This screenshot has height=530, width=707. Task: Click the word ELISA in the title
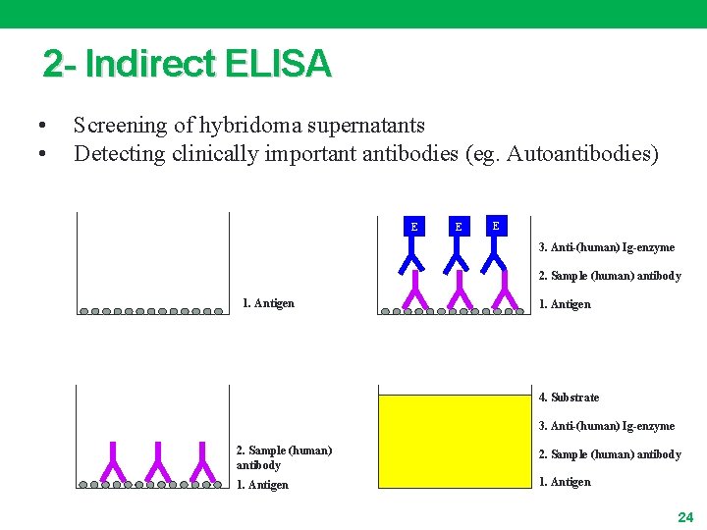pos(278,65)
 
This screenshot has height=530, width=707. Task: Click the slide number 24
pos(685,516)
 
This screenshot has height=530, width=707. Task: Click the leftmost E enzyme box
pos(413,227)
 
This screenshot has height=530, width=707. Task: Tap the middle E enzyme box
pos(457,227)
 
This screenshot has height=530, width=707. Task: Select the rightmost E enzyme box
pos(496,226)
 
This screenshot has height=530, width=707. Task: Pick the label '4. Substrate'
pos(569,397)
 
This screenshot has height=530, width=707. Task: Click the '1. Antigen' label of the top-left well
pos(268,303)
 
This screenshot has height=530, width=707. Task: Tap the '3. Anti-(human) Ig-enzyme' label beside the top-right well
pos(607,247)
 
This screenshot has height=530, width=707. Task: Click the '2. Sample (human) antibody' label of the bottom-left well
pos(284,457)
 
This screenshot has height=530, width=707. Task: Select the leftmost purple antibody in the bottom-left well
pos(113,461)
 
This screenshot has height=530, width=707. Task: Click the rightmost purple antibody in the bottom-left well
pos(202,461)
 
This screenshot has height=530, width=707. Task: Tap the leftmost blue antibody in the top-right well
pos(412,257)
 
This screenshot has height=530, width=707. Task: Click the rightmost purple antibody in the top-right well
pos(504,291)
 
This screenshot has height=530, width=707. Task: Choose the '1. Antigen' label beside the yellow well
pos(565,482)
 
